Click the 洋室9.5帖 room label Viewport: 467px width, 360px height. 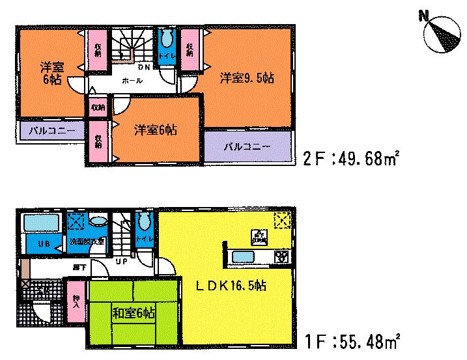(246, 79)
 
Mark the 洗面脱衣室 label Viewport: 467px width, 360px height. (87, 242)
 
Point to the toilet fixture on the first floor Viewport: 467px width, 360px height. (144, 222)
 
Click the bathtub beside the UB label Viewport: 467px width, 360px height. (40, 223)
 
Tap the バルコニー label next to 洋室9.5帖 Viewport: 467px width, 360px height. (247, 147)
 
